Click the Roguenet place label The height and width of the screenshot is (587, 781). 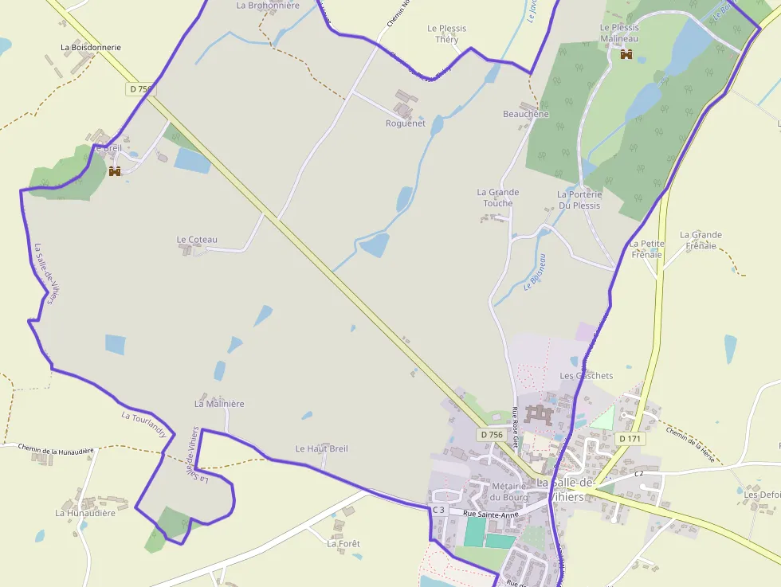(406, 123)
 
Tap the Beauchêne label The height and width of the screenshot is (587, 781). (525, 114)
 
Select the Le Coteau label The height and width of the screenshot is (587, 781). (197, 240)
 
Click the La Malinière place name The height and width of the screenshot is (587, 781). (219, 404)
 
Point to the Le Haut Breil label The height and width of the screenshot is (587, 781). (321, 448)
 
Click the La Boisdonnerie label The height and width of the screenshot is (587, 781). (91, 47)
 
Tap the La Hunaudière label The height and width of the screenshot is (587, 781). (85, 513)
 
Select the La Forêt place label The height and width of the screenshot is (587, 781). (343, 544)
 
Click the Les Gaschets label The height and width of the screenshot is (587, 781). (587, 376)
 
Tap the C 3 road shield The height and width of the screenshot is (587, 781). (438, 510)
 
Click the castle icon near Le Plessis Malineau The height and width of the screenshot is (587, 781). (626, 54)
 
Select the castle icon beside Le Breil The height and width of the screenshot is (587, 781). (115, 171)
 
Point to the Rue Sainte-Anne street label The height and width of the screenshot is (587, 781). (491, 515)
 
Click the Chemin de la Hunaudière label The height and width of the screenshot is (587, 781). (56, 452)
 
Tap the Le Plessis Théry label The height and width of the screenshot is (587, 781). (447, 33)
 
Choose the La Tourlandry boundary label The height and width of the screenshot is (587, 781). (144, 425)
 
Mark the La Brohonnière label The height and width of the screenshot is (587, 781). (268, 5)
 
